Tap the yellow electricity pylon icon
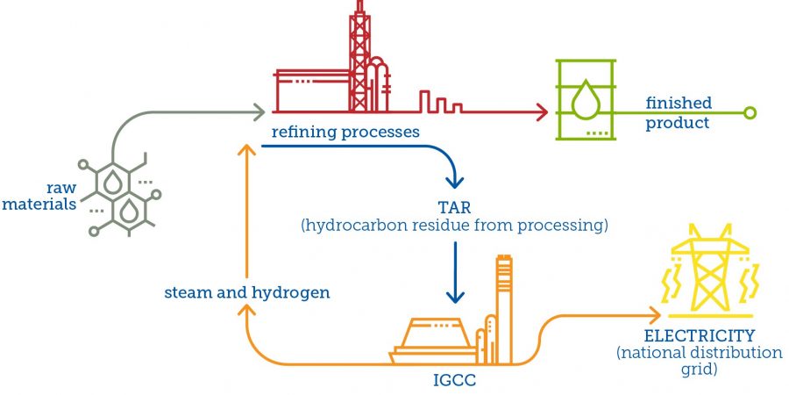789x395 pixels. (706, 273)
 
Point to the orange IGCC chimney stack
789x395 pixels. (503, 303)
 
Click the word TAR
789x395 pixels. (454, 207)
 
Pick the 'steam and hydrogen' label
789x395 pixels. (247, 292)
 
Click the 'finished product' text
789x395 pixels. (679, 113)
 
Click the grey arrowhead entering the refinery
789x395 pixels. (259, 112)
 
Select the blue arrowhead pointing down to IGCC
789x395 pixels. (455, 297)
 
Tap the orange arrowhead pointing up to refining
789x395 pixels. (248, 151)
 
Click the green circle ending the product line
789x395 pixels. (749, 112)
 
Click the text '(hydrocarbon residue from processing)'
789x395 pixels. (454, 226)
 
